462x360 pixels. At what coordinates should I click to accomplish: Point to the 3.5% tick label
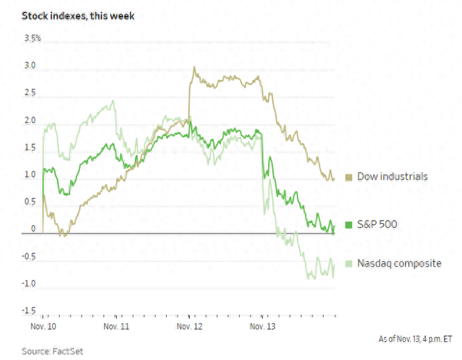coord(33,38)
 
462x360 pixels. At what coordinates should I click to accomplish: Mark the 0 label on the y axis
coord(33,229)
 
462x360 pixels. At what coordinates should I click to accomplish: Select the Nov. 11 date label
coord(117,327)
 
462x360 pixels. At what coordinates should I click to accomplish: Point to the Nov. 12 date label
coord(189,327)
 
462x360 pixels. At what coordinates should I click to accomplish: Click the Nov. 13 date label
coord(263,327)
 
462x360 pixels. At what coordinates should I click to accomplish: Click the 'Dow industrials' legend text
coord(392,177)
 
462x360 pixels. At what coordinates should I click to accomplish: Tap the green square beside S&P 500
coord(349,225)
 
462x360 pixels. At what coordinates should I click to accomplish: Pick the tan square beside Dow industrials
coord(349,177)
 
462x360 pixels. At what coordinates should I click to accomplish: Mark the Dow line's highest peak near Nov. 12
coord(193,67)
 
